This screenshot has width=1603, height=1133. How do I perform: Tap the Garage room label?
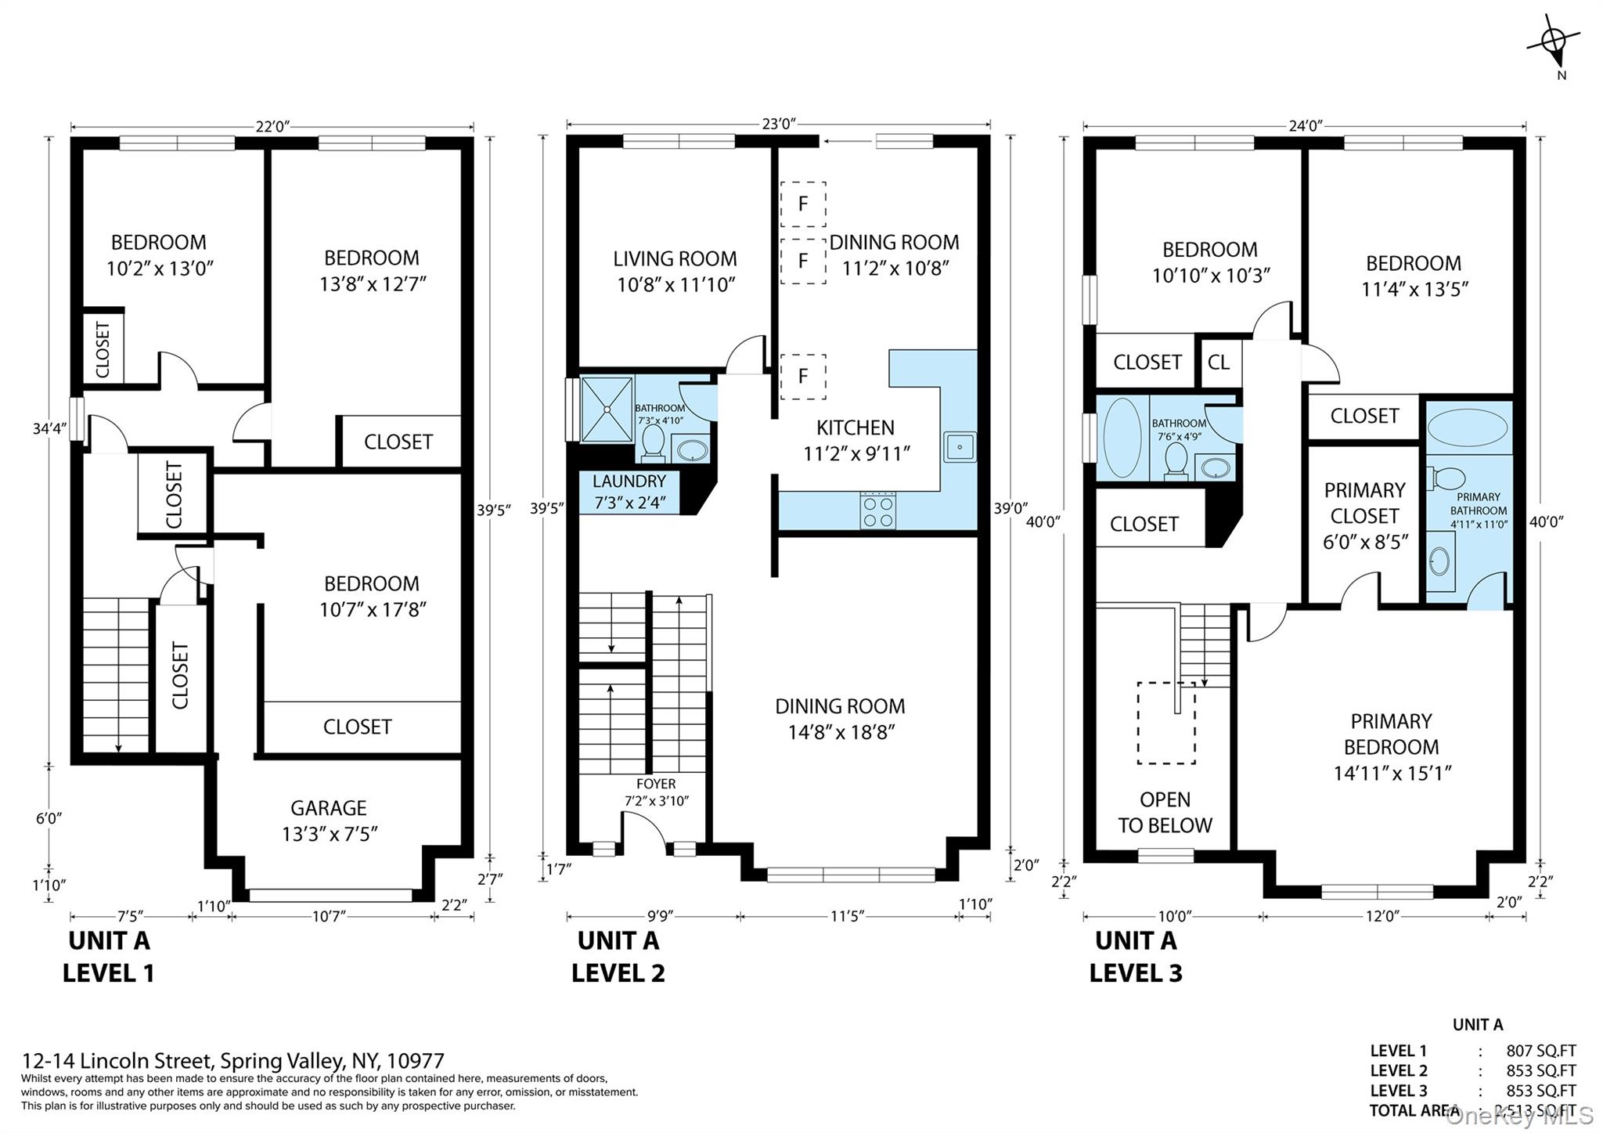[x=329, y=821]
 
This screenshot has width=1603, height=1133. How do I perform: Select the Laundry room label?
[x=629, y=492]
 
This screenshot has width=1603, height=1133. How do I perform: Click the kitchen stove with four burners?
[x=877, y=511]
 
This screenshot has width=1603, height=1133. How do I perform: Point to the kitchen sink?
[x=959, y=447]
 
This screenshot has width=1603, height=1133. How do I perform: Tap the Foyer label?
[x=656, y=792]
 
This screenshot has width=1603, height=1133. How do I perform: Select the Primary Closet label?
[x=1364, y=515]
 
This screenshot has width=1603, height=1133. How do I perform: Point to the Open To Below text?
[x=1165, y=812]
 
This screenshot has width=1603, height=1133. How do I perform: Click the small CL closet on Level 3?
[x=1219, y=363]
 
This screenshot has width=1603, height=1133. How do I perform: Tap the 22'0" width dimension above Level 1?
[x=272, y=127]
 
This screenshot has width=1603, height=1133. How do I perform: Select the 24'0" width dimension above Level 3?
[x=1304, y=126]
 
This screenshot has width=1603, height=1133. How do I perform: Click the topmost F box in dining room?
[x=803, y=204]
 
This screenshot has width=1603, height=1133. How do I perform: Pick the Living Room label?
[x=675, y=271]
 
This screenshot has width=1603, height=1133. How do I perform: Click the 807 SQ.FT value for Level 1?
[x=1540, y=1052]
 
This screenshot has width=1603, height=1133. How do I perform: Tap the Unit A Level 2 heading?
[x=618, y=956]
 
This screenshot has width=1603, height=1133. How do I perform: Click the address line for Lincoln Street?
[x=232, y=1061]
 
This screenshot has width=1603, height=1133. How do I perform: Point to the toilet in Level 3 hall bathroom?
[x=1176, y=460]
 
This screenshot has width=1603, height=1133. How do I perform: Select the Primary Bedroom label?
[x=1391, y=746]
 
